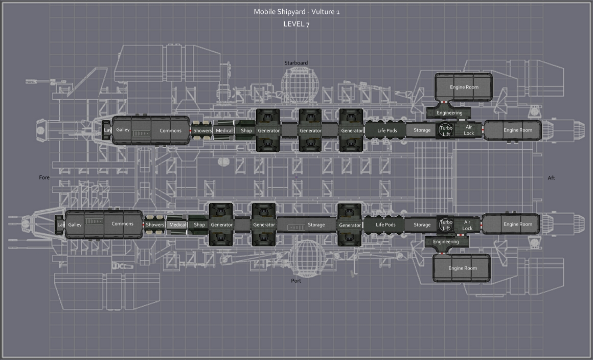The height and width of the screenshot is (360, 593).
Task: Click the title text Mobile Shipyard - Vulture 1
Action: point(296,12)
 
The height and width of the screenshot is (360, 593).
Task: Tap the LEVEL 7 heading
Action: point(296,24)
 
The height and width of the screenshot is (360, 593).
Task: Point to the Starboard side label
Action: point(296,63)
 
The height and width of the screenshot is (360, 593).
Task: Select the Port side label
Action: point(296,281)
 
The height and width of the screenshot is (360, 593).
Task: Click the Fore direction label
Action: point(44,177)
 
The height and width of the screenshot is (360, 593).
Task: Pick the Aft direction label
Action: point(552,178)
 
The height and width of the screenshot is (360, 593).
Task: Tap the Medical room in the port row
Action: point(177,224)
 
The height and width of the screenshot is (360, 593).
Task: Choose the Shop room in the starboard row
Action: point(246,130)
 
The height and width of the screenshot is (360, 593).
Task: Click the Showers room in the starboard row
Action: point(202,130)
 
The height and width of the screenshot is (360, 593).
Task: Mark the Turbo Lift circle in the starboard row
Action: point(446,130)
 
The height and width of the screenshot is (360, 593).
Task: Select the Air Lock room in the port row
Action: point(467,225)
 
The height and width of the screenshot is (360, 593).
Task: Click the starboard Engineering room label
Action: point(449,112)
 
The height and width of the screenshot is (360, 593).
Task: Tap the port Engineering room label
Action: point(446,242)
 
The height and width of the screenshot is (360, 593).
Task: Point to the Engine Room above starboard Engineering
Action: point(464,87)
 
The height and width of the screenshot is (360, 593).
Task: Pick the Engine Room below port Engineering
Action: point(462,268)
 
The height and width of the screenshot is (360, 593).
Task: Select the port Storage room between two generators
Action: point(307,224)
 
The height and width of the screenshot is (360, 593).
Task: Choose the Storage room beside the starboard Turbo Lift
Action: point(422,130)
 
